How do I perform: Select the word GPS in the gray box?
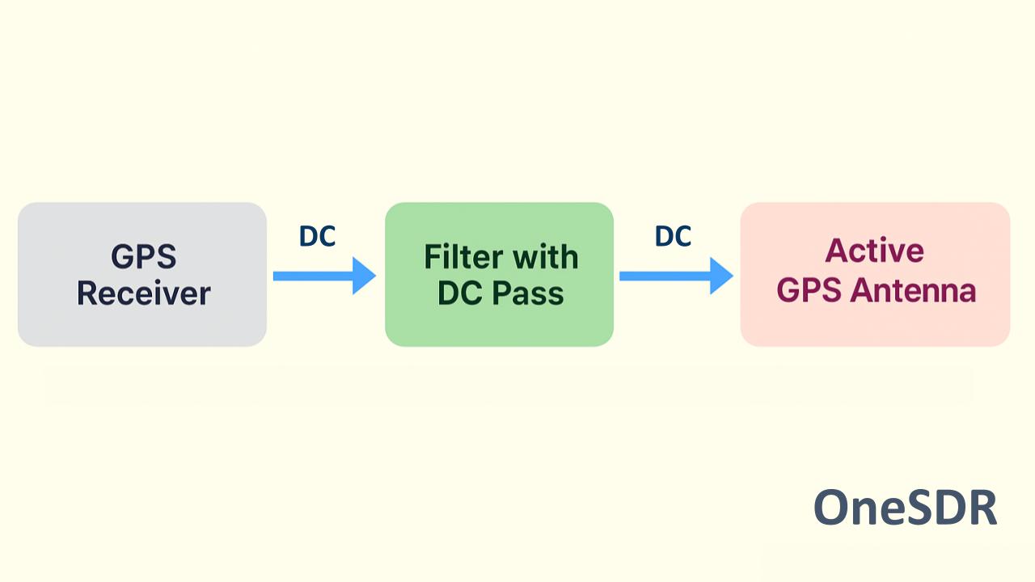(143, 258)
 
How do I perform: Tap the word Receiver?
(143, 293)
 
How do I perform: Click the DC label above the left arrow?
(317, 236)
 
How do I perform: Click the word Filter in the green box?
(462, 258)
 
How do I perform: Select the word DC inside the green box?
(459, 293)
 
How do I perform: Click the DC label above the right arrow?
(673, 236)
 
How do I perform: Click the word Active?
(874, 251)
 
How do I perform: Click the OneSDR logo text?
(905, 508)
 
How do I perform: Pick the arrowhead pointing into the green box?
(364, 276)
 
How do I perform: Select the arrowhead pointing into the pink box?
(720, 276)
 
